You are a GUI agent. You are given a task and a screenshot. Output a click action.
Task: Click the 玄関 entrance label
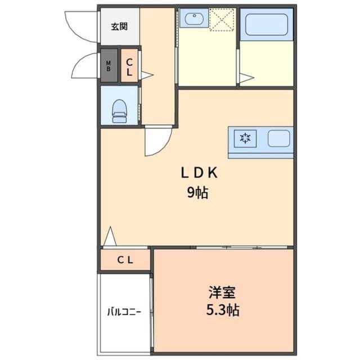coord(119,26)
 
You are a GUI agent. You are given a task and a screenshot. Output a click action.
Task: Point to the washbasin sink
coord(193,20)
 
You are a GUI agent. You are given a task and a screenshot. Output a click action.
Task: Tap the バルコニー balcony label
coord(124,311)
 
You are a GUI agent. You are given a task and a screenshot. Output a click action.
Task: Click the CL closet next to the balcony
coord(125,260)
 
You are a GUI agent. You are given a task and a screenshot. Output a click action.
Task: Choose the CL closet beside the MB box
coord(129,67)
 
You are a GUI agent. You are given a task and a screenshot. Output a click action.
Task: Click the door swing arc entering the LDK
coord(158,141)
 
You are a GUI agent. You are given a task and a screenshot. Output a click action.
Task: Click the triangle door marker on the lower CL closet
coord(110,237)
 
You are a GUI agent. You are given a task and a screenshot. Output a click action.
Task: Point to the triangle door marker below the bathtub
coord(245,79)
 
